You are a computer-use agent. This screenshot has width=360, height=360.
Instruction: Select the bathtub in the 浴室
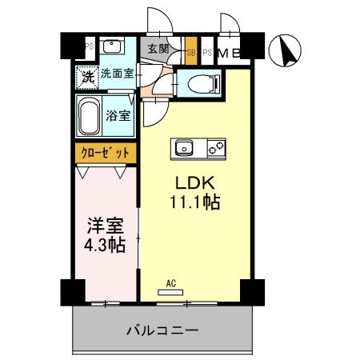[x=90, y=118]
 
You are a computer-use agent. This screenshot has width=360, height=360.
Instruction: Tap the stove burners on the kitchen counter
[x=216, y=148]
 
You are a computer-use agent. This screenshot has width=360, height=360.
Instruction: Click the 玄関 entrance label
[x=158, y=49]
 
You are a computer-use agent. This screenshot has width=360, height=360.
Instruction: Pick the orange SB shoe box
[x=190, y=53]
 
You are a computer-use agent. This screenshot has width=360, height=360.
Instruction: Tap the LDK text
[x=194, y=182]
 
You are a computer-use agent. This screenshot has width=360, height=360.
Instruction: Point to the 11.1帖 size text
[x=194, y=202]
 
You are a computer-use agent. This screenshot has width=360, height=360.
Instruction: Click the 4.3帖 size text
[x=105, y=246]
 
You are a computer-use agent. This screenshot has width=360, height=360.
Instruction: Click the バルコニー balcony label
[x=162, y=330]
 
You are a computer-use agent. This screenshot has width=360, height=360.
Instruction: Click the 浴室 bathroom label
[x=119, y=115]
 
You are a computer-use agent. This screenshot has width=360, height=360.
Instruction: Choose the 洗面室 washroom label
[x=117, y=74]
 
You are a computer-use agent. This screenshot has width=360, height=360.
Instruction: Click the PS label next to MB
[x=206, y=54]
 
